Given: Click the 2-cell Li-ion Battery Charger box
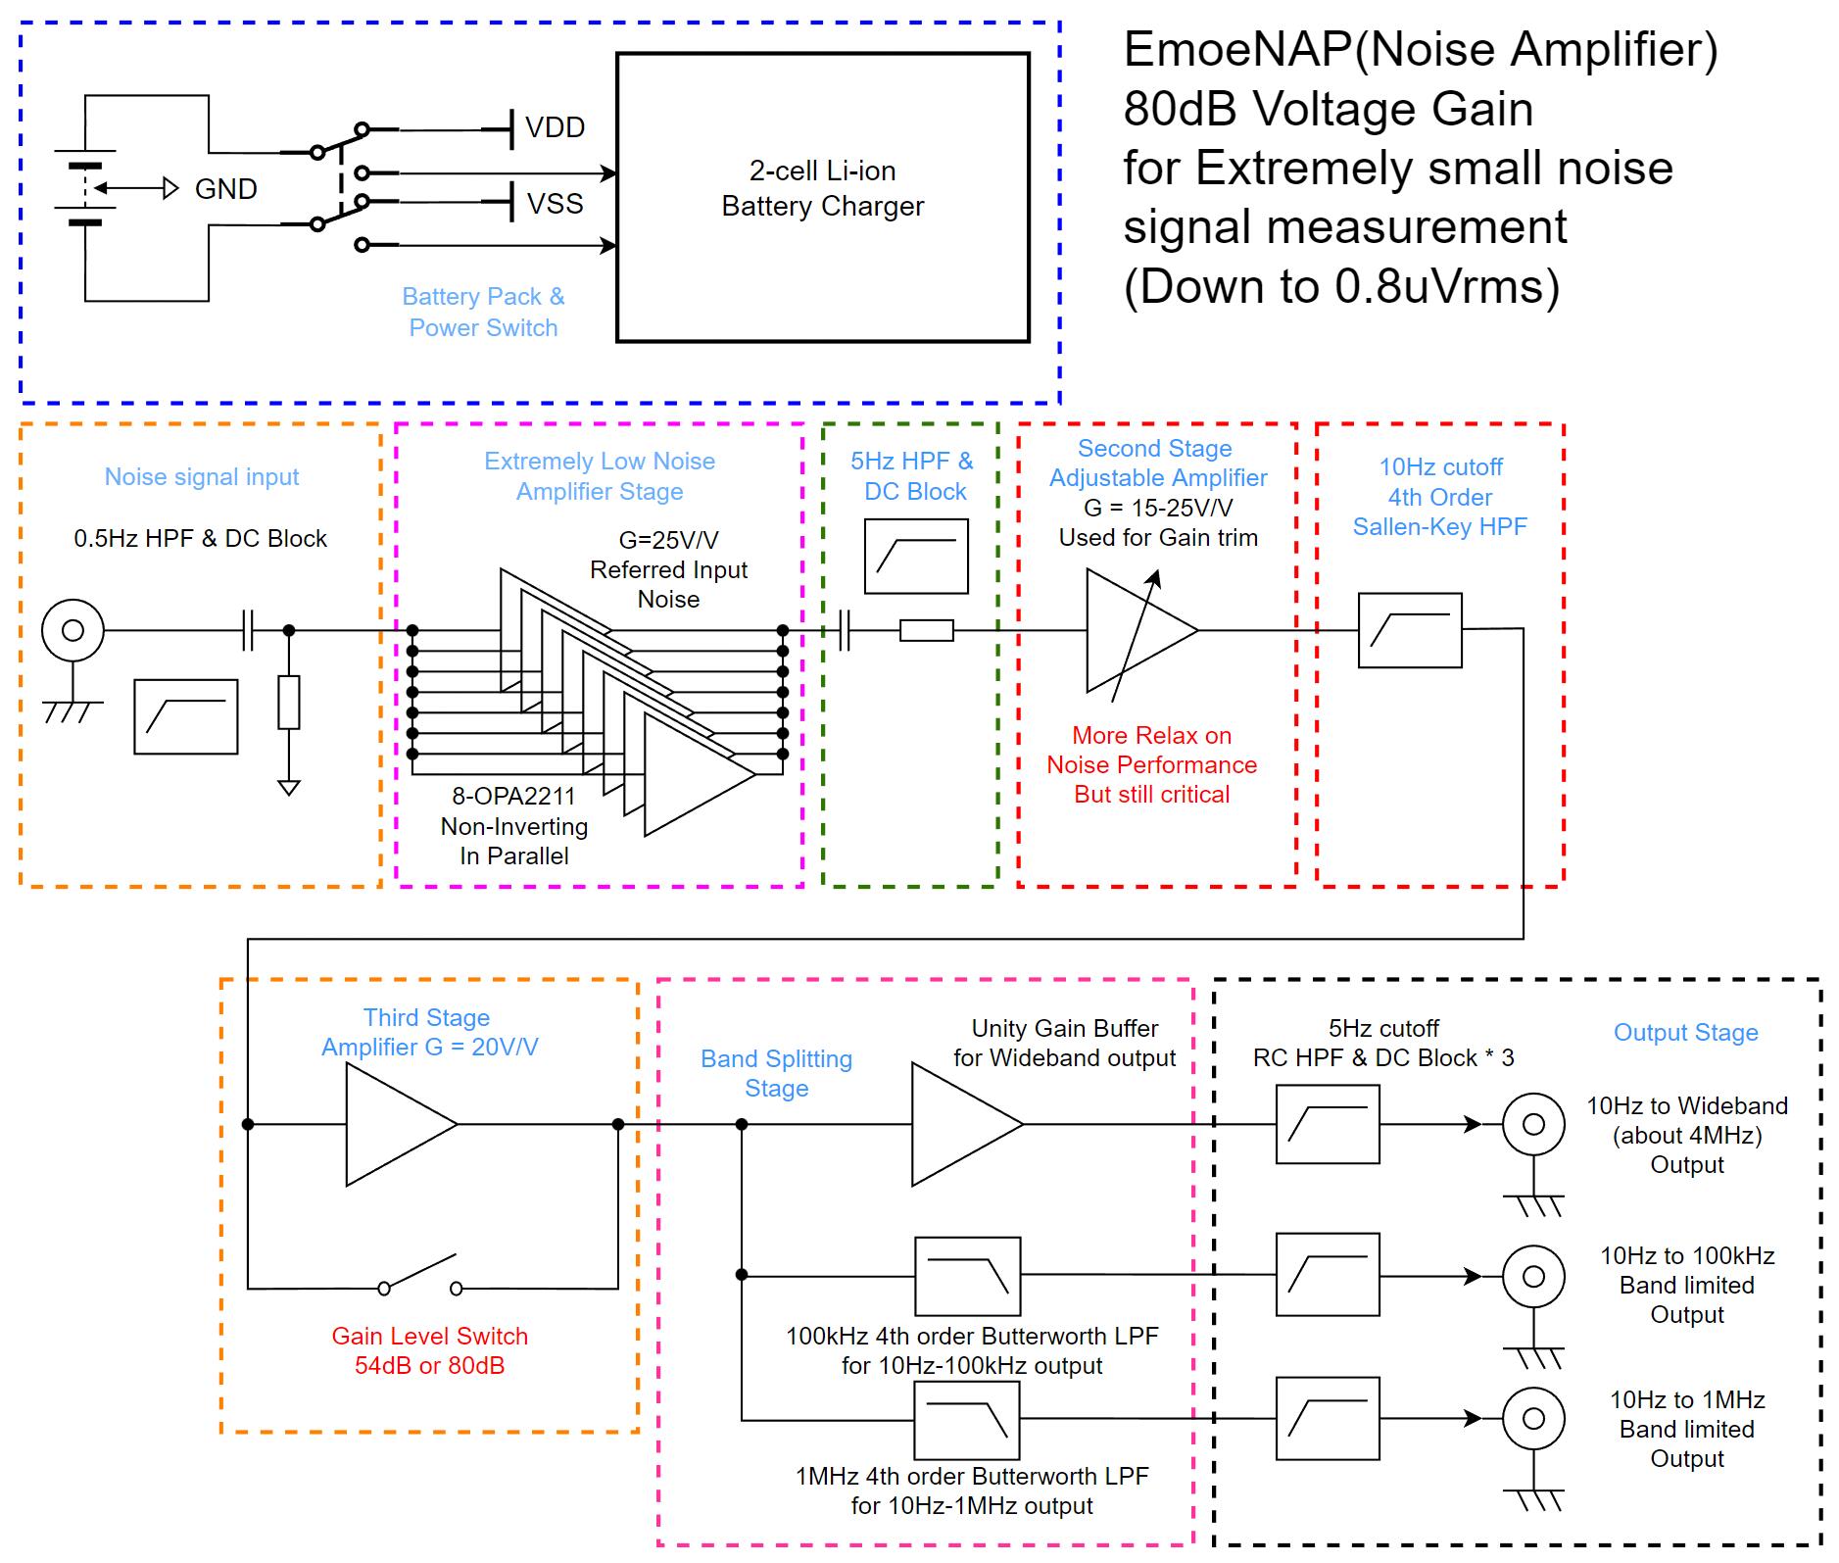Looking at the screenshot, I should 822,197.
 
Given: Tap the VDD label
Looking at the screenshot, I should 555,128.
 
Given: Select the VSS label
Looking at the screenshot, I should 555,204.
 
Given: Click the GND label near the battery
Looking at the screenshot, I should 225,189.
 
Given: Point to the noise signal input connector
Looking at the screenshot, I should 73,630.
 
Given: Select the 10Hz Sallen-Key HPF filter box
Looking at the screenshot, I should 1409,631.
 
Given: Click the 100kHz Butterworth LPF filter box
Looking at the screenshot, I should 967,1275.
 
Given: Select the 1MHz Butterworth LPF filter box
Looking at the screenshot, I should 967,1420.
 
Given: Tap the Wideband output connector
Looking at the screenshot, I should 1533,1124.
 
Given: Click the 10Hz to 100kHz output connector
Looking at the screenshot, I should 1533,1276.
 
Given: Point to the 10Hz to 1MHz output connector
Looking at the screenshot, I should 1533,1418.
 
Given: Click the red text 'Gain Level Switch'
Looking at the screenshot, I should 429,1336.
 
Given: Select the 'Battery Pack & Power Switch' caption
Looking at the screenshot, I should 483,312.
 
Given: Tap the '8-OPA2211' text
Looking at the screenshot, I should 513,796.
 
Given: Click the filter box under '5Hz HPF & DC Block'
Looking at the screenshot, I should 916,557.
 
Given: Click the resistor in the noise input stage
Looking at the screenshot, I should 288,702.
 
